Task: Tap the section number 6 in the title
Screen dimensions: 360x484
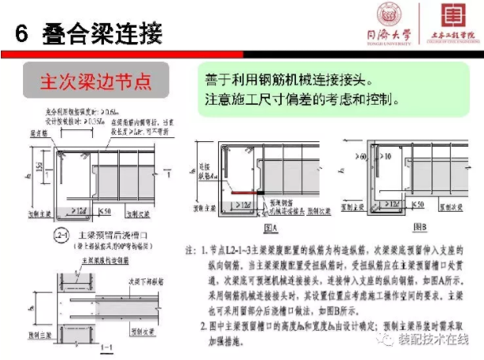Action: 22,34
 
